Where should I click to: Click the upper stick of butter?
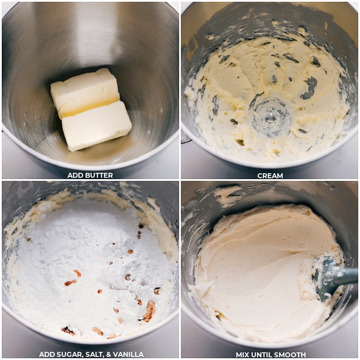[x=84, y=92]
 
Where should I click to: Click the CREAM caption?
[x=270, y=175]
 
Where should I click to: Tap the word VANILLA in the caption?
[x=128, y=355]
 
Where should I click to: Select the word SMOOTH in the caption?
[x=289, y=355]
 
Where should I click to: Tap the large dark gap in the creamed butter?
[x=310, y=88]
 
